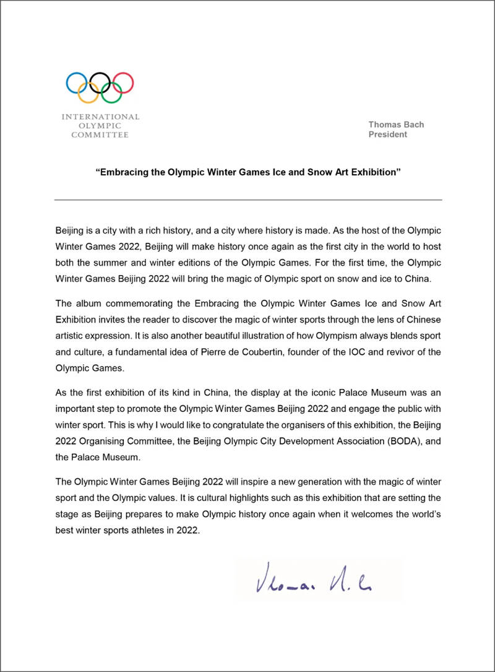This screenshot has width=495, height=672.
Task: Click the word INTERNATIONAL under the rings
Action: [x=100, y=116]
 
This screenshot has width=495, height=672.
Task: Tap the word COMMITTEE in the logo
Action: [x=100, y=134]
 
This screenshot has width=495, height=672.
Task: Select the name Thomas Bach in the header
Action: [x=396, y=124]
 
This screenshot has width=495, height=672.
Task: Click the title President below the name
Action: [x=388, y=134]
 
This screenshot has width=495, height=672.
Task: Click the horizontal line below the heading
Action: [x=248, y=199]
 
